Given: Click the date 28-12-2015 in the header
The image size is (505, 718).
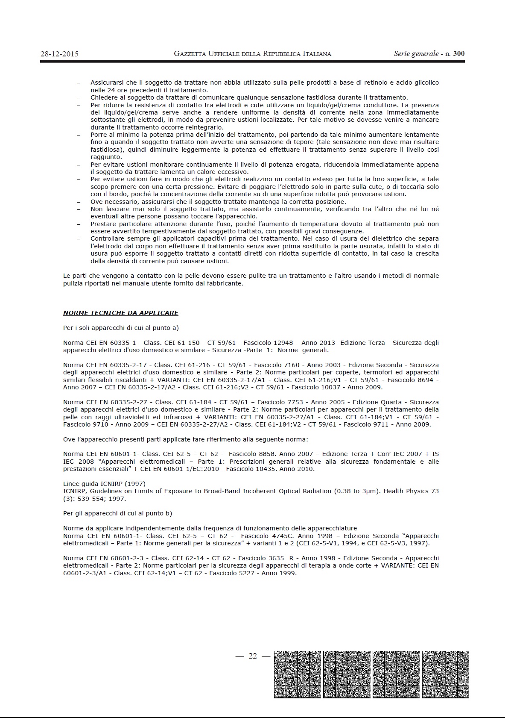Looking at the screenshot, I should click(x=59, y=54).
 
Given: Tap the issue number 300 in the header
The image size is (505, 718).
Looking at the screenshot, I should click(x=459, y=54).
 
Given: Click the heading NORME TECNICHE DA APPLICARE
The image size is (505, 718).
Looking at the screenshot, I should click(x=121, y=313).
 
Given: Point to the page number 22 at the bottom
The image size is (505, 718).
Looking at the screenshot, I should click(x=253, y=656).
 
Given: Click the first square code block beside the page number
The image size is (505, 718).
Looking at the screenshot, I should click(x=297, y=674).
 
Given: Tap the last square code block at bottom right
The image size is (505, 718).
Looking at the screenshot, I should click(x=445, y=674).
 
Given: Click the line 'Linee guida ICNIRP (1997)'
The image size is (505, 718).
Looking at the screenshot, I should click(x=104, y=484).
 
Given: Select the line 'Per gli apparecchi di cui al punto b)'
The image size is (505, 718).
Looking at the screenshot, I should click(x=117, y=513).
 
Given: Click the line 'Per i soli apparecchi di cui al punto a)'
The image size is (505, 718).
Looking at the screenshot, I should click(x=121, y=328).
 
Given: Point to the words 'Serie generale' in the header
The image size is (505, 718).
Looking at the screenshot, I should click(x=416, y=54).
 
